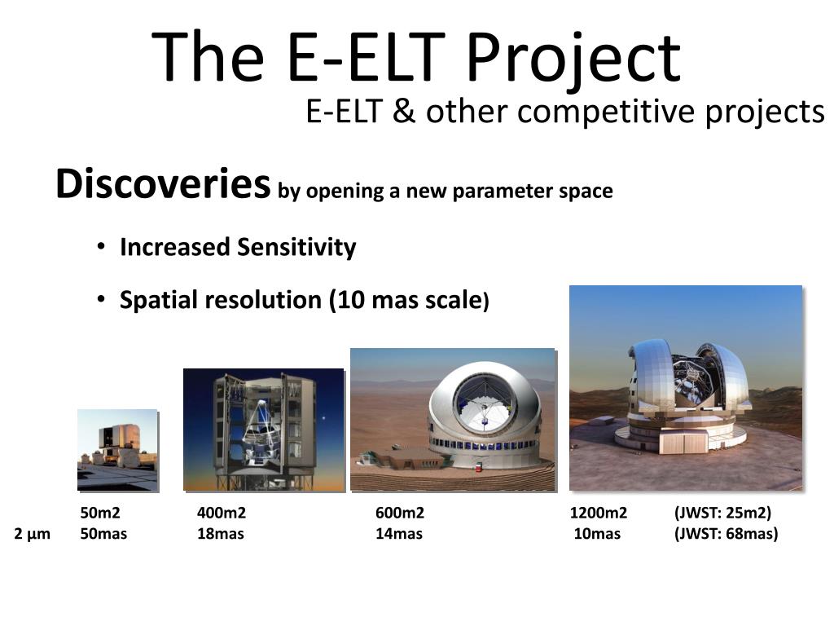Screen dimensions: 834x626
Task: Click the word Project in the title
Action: (x=573, y=58)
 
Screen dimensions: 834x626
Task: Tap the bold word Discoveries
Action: (x=163, y=183)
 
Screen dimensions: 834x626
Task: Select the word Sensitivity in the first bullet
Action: (x=296, y=247)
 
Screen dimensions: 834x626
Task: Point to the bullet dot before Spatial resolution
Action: (x=101, y=299)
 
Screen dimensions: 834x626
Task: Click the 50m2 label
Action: (x=100, y=513)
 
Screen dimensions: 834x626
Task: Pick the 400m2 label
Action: (x=222, y=513)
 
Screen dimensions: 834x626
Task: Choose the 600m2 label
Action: (x=400, y=513)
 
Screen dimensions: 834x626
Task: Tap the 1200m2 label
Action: (x=599, y=513)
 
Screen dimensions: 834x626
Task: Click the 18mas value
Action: (x=220, y=533)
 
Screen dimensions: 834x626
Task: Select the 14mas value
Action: (x=399, y=533)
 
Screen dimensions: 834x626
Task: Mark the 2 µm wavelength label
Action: (x=32, y=534)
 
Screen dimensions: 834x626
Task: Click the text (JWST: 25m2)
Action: (x=722, y=513)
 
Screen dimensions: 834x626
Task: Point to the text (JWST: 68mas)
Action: (x=726, y=533)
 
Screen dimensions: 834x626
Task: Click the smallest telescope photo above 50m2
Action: (x=117, y=450)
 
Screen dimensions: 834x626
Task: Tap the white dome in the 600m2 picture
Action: (x=484, y=415)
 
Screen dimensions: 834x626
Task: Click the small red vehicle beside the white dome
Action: (x=478, y=468)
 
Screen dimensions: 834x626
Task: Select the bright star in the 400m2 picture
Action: (x=323, y=418)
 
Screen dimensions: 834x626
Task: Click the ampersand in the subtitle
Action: (x=404, y=112)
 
